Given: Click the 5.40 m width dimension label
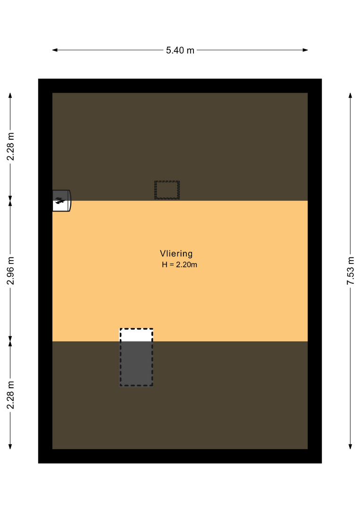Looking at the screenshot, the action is point(180,51).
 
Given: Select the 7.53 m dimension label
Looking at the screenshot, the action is point(350,271).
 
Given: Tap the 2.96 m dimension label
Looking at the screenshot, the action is point(10,271).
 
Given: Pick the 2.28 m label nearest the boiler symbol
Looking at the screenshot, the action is point(10,146).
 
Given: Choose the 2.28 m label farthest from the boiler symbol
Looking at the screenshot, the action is point(10,395).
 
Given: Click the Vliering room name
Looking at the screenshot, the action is point(176,254).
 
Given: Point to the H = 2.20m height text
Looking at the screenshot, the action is point(179,265).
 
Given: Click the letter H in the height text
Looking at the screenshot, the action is point(164,265).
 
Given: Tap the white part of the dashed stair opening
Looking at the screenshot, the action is point(136,335).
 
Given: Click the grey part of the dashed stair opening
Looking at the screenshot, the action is point(136,363).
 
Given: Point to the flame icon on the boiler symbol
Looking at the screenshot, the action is point(59,200).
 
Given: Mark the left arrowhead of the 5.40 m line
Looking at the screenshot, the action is point(55,50).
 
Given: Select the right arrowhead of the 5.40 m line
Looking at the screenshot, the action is point(305,50).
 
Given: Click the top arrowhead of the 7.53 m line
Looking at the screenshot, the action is point(350,95).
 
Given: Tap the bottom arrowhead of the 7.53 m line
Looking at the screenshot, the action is point(350,447).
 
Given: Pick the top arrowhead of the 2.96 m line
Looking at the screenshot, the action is point(10,203).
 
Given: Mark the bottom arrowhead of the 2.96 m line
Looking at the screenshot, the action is point(10,339).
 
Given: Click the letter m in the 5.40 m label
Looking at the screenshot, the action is point(191,51).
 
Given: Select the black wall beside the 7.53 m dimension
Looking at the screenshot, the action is point(315,271).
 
